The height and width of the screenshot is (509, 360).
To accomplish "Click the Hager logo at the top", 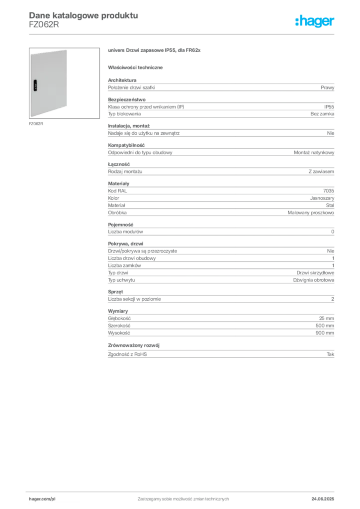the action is pos(314,21).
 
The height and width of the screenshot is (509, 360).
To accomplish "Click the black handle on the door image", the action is pos(35,85).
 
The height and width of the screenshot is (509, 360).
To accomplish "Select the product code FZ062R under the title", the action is pos(44,25).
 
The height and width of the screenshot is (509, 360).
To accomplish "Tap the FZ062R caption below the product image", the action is pos(36,124).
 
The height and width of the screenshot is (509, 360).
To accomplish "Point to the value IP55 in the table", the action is pos(329,107).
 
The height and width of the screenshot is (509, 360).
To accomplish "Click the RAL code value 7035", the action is pos(329,191).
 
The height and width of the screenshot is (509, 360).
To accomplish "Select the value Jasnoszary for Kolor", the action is pos(322,198).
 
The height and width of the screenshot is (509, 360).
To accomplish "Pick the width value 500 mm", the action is pos(325,326).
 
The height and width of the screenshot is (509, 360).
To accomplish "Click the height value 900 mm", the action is pos(325,333).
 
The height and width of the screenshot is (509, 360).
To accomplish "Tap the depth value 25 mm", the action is pos(327,319).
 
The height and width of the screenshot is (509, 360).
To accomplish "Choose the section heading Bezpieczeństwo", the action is pos(127,99).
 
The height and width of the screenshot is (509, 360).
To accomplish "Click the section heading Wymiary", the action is pos(118,311).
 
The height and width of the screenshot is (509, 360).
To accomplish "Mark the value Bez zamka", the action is pos(322,114).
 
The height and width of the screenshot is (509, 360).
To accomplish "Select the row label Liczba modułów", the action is pos(125,232).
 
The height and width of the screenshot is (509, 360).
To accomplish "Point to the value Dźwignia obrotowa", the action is pos(314,280).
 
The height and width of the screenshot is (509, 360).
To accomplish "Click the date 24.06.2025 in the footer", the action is pos(323,499).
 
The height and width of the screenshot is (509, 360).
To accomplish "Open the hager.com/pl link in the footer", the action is pos(42,499).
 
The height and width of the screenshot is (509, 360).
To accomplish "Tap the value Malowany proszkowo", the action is pos(311,213).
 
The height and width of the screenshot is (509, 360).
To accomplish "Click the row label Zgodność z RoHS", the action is pos(127,354).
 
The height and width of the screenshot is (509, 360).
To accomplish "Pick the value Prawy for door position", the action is pos(327,87).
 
